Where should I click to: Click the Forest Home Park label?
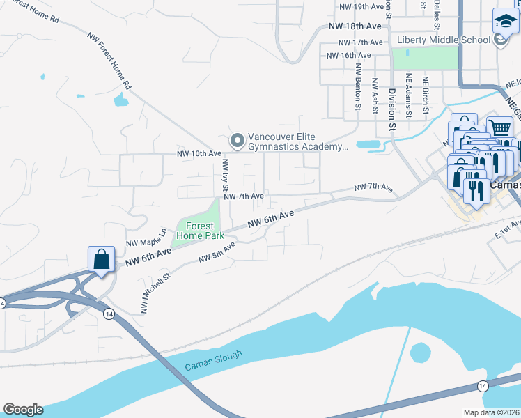[x=200, y=231]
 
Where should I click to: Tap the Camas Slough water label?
[x=214, y=362]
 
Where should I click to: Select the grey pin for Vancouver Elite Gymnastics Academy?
[x=238, y=141]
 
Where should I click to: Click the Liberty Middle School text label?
[x=443, y=40]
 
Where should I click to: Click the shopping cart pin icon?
[x=499, y=128]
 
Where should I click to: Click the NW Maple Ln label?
[x=146, y=238]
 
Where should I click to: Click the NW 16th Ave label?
[x=348, y=55]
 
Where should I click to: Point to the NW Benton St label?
[x=358, y=87]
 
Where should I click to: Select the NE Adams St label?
[x=409, y=91]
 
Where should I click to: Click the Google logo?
[x=22, y=410]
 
